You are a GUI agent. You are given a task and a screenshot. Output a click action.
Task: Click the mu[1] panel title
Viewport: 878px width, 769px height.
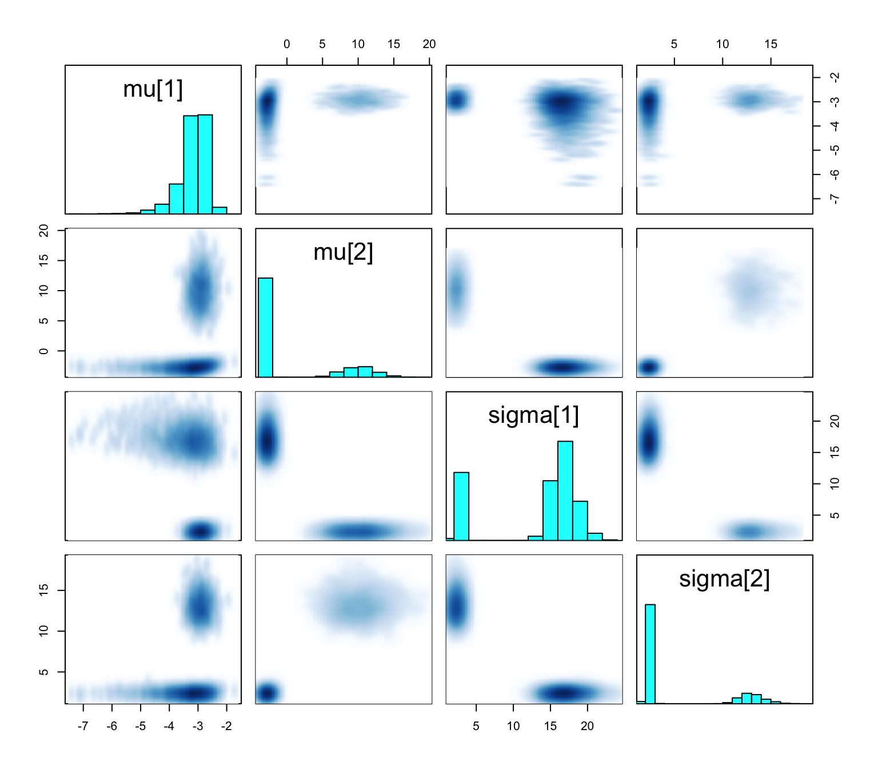[x=153, y=89]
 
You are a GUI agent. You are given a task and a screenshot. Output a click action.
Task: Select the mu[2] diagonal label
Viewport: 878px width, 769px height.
[x=343, y=252]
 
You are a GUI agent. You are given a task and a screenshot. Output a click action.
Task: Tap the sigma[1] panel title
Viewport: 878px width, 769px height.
[x=533, y=415]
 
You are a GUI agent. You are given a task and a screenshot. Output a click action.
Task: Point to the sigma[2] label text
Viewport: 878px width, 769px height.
[x=724, y=578]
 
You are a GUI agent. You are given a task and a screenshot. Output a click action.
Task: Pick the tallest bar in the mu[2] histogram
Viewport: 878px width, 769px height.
[x=265, y=327]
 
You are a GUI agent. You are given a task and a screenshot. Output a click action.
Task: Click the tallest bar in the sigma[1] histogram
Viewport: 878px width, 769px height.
[x=565, y=490]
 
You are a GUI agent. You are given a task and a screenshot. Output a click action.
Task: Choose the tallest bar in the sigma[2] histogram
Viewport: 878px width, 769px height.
[x=650, y=653]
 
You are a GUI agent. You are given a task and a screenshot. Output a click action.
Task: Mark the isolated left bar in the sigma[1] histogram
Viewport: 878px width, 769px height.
[x=461, y=506]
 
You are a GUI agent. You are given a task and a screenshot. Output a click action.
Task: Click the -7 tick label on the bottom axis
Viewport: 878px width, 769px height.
[x=83, y=726]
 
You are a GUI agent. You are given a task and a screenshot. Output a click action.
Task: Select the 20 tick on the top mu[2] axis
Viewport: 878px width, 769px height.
[x=429, y=45]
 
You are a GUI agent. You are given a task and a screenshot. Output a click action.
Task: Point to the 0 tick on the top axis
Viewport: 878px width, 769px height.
[x=287, y=45]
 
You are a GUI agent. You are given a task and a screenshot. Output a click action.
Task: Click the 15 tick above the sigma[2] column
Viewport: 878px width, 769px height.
[x=771, y=45]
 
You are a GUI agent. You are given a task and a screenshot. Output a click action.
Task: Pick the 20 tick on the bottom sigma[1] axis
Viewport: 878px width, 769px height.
[x=587, y=726]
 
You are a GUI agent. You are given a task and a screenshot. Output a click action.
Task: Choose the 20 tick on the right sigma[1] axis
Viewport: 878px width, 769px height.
[x=835, y=422]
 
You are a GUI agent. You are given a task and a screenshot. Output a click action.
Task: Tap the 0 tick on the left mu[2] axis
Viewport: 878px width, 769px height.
[x=44, y=351]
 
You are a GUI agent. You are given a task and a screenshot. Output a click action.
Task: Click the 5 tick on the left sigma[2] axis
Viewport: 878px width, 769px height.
[x=44, y=672]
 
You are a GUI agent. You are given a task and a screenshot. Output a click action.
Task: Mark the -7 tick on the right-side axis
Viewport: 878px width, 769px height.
[x=835, y=199]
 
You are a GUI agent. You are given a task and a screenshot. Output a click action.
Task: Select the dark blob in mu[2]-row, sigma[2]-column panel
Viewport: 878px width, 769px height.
[x=649, y=366]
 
